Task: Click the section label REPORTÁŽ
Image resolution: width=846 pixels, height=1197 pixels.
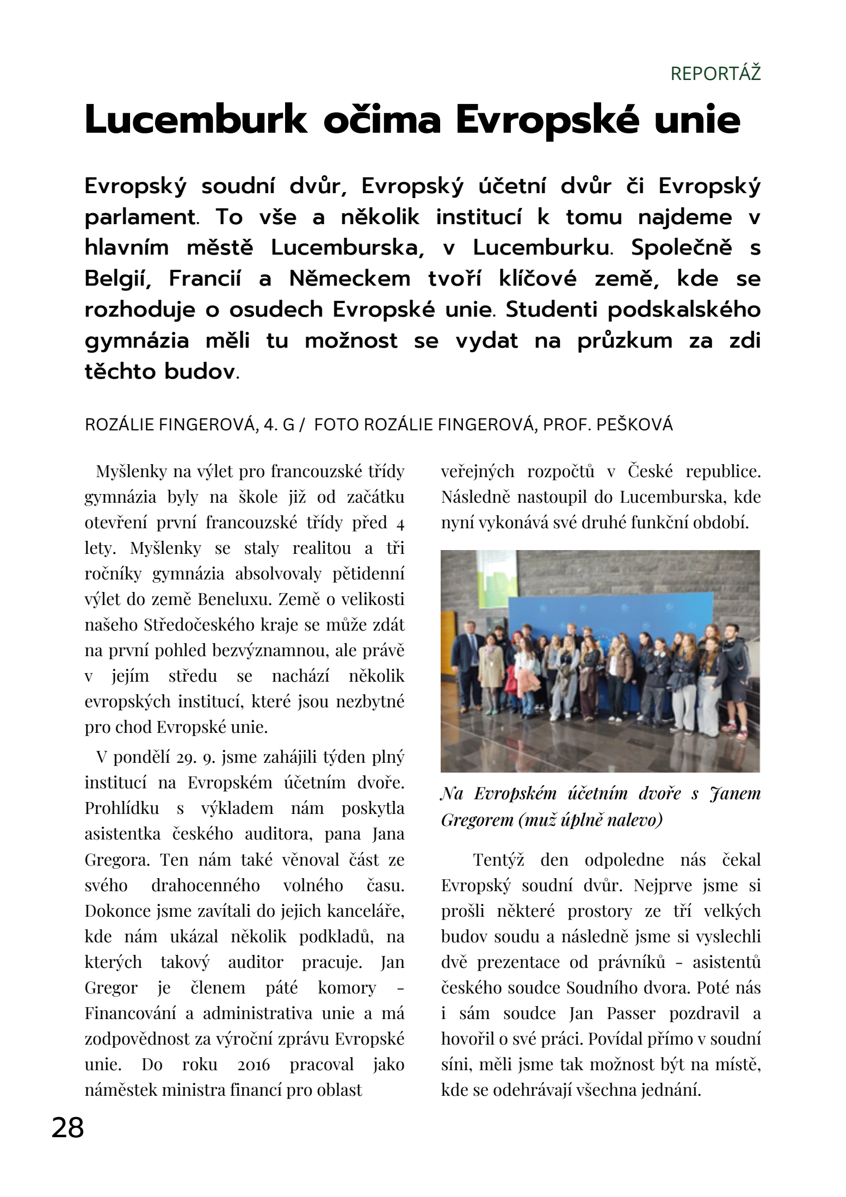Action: (715, 73)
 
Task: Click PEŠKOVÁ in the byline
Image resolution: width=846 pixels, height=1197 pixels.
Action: (634, 425)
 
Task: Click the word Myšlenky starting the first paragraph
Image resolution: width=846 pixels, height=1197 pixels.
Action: (131, 472)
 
